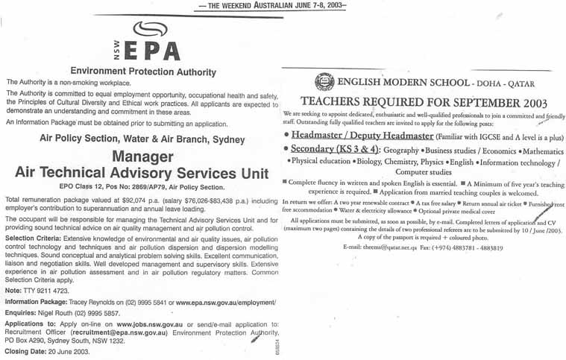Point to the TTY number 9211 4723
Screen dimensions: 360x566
coord(43,290)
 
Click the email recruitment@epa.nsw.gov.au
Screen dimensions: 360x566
coord(112,333)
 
